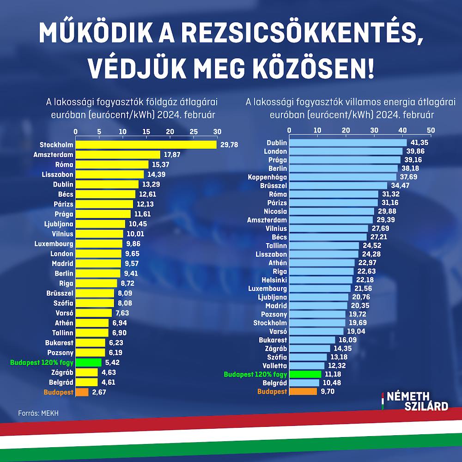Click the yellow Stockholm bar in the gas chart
(146, 145)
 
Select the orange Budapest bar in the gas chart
(82, 392)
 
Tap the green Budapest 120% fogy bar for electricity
(305, 374)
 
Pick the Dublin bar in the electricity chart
(348, 143)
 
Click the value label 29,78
(230, 145)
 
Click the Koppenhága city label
(267, 177)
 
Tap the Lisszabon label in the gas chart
(57, 174)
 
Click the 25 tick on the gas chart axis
(193, 132)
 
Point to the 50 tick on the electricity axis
(431, 130)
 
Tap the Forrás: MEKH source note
(39, 412)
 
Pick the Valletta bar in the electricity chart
(307, 365)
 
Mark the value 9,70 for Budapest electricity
(327, 391)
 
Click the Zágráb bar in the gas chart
(87, 372)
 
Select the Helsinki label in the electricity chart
(274, 280)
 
